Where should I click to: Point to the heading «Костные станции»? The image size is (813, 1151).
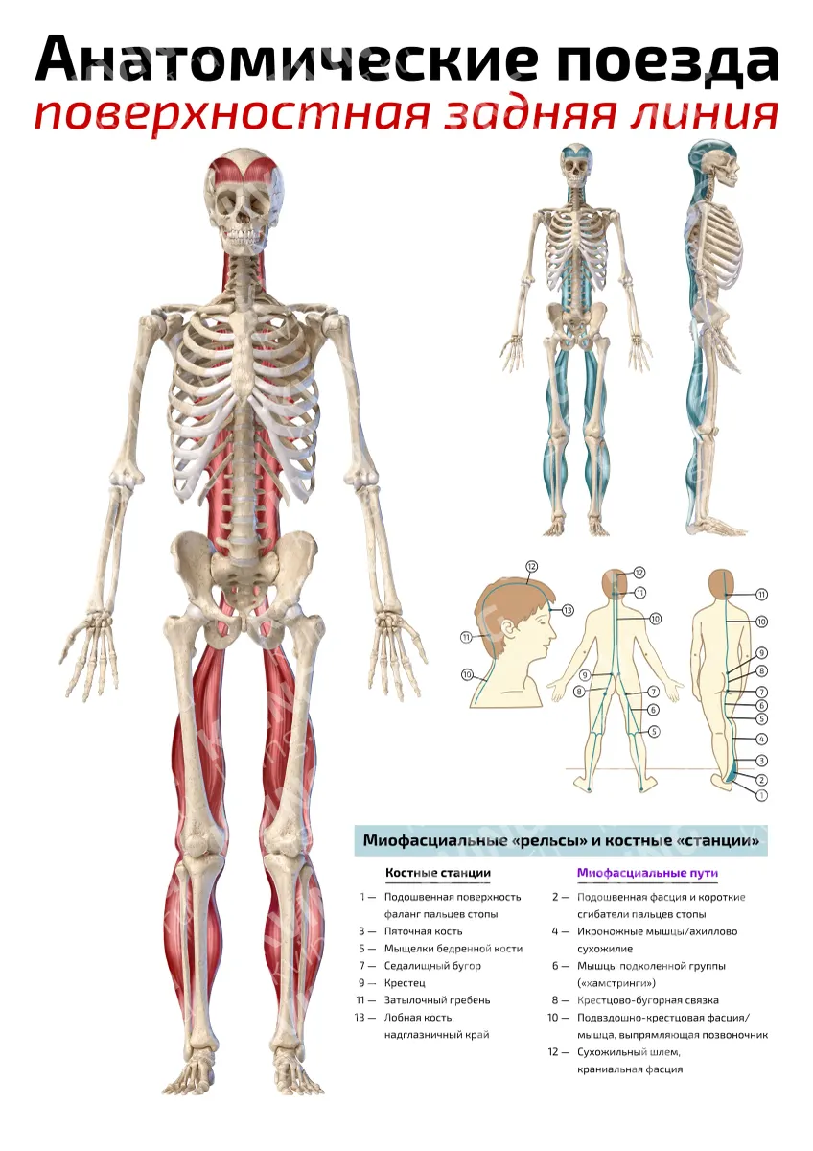click(x=438, y=873)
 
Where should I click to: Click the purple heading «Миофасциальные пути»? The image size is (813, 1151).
click(x=647, y=873)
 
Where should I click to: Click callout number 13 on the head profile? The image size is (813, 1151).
click(x=567, y=610)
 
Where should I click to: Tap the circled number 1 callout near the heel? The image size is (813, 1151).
click(x=761, y=795)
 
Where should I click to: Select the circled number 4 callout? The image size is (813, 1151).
click(x=761, y=739)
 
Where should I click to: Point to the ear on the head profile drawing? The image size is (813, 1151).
click(x=509, y=630)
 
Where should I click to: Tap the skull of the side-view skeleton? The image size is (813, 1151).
click(x=713, y=164)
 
